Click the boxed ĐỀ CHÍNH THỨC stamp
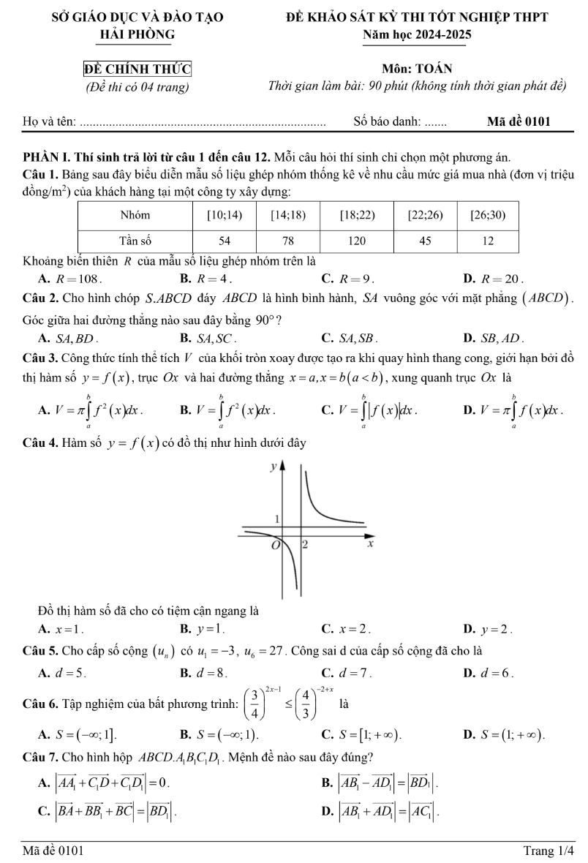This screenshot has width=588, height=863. click(x=137, y=69)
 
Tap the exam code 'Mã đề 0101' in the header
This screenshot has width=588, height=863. click(x=519, y=121)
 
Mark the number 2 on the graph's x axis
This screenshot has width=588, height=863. click(x=306, y=545)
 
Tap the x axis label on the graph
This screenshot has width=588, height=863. click(x=370, y=545)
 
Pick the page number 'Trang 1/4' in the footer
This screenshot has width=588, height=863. click(x=549, y=851)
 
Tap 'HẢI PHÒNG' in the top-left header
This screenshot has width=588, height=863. click(x=138, y=34)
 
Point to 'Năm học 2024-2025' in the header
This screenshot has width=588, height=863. click(x=421, y=34)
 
